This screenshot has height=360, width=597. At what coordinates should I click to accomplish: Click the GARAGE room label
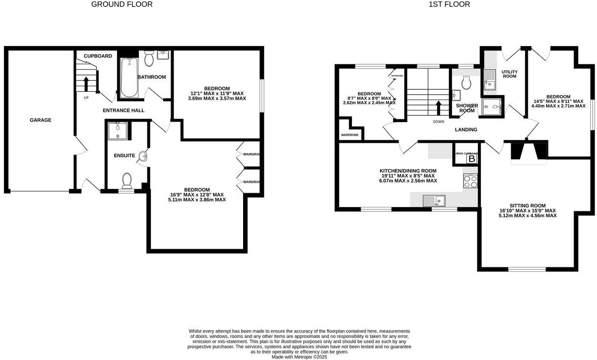click(x=40, y=120)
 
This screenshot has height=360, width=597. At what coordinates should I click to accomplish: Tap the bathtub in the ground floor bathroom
click(x=129, y=77)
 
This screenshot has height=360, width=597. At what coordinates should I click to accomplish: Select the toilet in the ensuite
click(x=127, y=180)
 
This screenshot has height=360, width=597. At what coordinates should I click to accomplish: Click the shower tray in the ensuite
click(x=118, y=131)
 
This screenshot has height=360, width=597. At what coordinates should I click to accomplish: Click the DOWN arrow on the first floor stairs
click(x=439, y=107)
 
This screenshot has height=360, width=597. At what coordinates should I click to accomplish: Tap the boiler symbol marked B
click(x=472, y=158)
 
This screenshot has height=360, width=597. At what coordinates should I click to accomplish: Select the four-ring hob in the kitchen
click(x=470, y=182)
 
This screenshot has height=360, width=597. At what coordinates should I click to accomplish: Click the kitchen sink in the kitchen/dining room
click(x=434, y=200)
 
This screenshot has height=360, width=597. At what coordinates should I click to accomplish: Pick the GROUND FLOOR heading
click(x=122, y=4)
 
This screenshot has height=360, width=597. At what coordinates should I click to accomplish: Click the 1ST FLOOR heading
click(x=449, y=4)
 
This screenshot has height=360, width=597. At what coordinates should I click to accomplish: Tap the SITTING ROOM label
click(x=527, y=206)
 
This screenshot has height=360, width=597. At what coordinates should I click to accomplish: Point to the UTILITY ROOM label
click(x=510, y=74)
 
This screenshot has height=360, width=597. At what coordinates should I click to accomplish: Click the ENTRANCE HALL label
click(x=124, y=110)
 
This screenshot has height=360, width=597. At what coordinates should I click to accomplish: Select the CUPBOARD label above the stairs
click(x=98, y=56)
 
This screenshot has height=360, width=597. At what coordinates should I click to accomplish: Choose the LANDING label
click(x=465, y=129)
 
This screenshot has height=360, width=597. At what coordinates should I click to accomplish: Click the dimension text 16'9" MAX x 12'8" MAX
click(x=197, y=195)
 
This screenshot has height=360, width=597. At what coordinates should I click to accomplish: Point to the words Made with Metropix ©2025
click(x=299, y=357)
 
